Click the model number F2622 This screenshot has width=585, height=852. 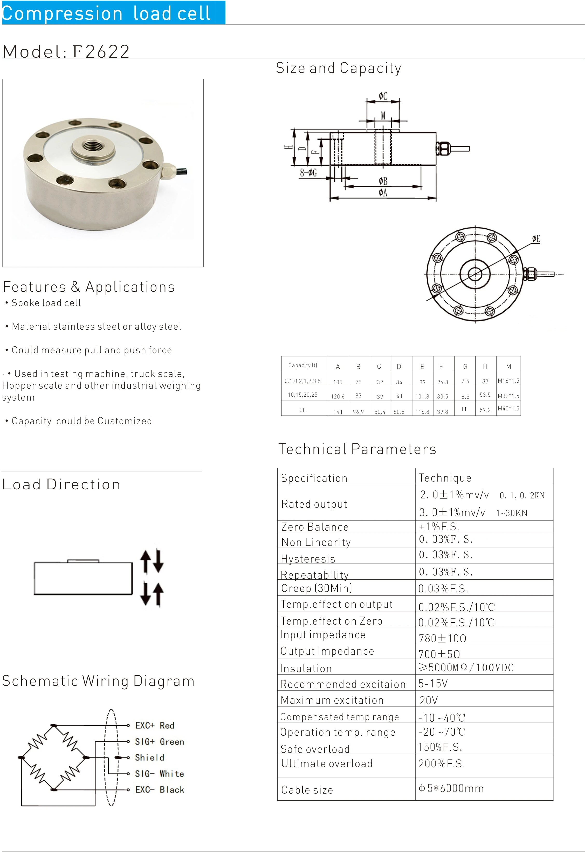[101, 51]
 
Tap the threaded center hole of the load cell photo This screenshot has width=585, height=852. [93, 147]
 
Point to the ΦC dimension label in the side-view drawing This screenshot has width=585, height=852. [383, 96]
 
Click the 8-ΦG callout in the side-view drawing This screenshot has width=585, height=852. [308, 172]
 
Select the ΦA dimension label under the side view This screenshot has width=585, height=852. [383, 193]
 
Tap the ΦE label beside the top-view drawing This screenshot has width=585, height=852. [536, 239]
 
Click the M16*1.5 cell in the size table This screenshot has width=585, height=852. [508, 381]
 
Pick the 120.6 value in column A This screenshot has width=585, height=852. [338, 396]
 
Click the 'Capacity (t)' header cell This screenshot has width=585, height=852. [303, 365]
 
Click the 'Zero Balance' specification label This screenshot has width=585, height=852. [315, 527]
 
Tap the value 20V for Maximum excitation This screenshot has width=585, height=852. [429, 700]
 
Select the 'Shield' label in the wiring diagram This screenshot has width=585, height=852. [149, 757]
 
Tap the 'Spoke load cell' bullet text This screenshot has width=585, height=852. [46, 303]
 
